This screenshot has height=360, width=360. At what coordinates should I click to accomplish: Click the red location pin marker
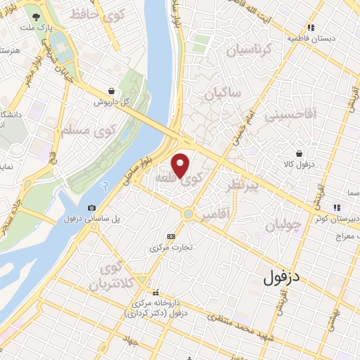[x=181, y=164]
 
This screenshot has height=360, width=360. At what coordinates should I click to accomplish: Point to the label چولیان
[x=285, y=225]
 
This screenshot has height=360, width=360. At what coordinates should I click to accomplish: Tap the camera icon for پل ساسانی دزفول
[x=92, y=207]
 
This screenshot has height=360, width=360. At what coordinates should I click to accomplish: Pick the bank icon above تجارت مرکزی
[x=171, y=236]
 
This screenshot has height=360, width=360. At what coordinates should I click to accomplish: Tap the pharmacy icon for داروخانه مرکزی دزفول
[x=156, y=292]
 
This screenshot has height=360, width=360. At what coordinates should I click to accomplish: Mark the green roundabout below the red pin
[x=188, y=214]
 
